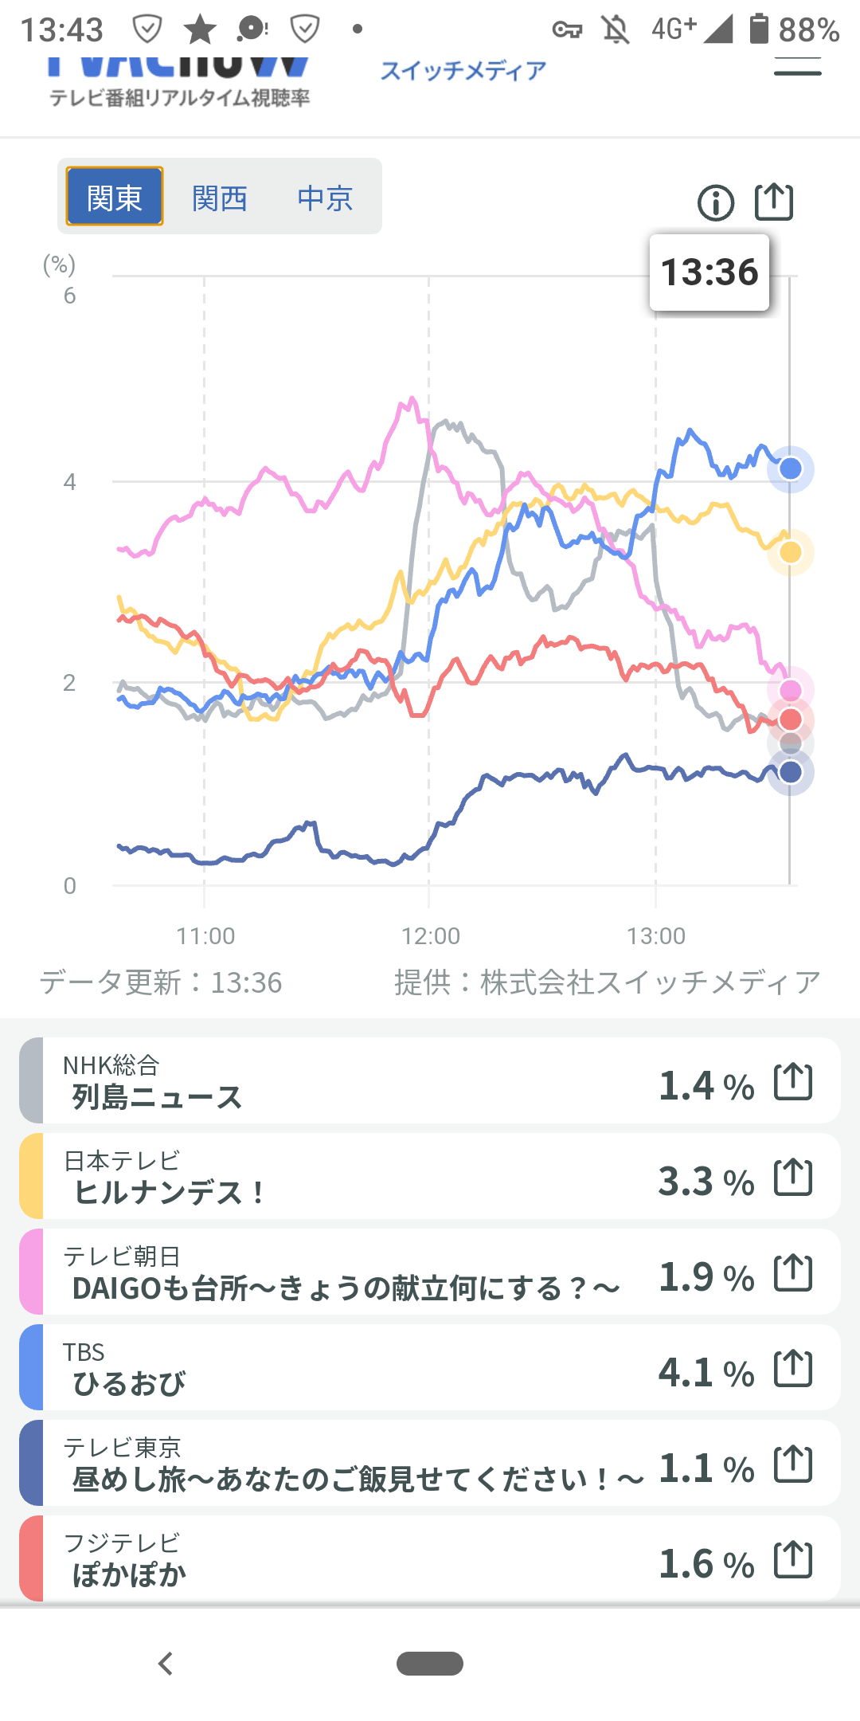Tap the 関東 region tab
pyautogui.click(x=115, y=197)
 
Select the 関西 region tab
pyautogui.click(x=220, y=198)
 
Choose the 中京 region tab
pyautogui.click(x=325, y=198)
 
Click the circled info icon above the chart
pyautogui.click(x=715, y=202)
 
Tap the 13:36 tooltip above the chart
pyautogui.click(x=709, y=272)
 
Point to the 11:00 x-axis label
pyautogui.click(x=205, y=935)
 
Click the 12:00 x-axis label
pyautogui.click(x=431, y=935)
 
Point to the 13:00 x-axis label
pyautogui.click(x=656, y=935)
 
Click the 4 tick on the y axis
pyautogui.click(x=70, y=482)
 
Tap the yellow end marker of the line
pyautogui.click(x=790, y=552)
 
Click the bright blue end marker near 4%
pyautogui.click(x=790, y=468)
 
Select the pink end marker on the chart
pyautogui.click(x=790, y=690)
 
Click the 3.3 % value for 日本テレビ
pyautogui.click(x=706, y=1181)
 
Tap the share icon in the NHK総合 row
pyautogui.click(x=793, y=1082)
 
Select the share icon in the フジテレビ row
pyautogui.click(x=793, y=1560)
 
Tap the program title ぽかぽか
pyautogui.click(x=129, y=1575)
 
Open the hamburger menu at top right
pyautogui.click(x=797, y=70)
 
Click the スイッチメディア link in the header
pyautogui.click(x=463, y=71)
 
